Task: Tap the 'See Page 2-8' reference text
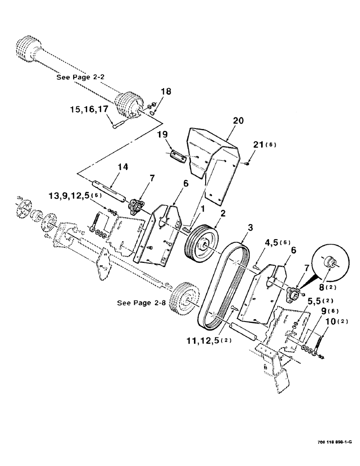141,302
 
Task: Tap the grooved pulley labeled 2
201,245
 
